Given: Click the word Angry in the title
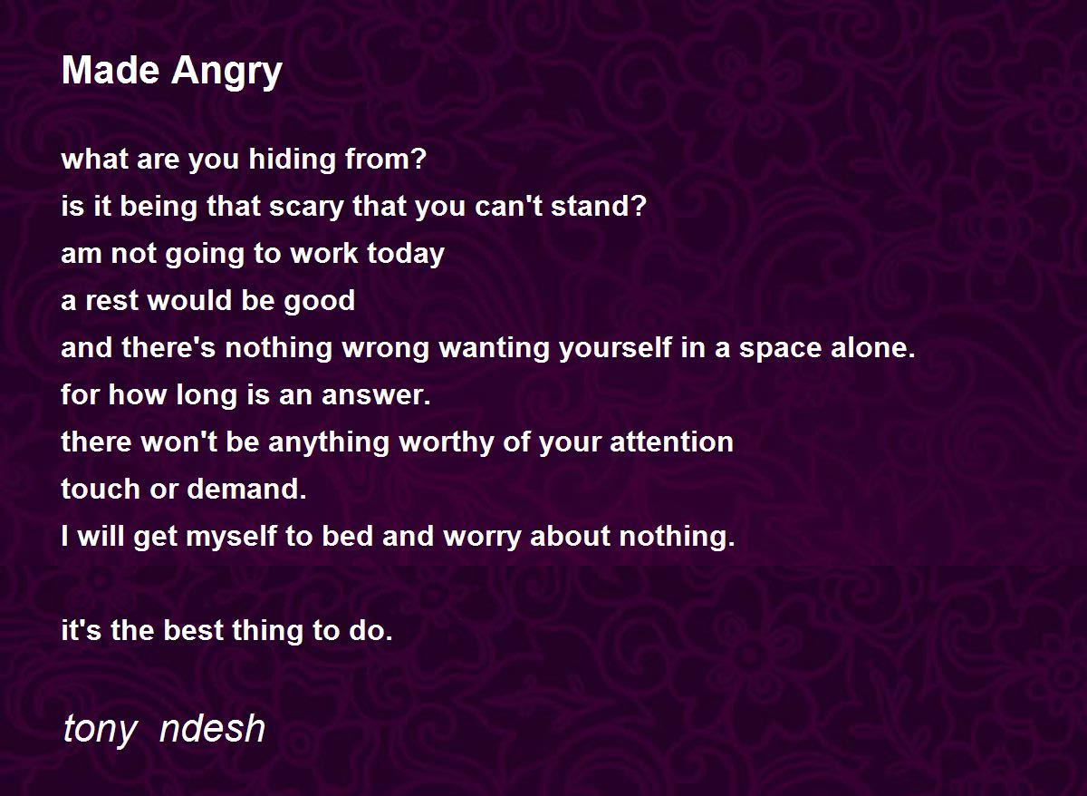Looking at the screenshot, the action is [x=226, y=72].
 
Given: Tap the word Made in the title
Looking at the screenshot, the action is [x=111, y=70].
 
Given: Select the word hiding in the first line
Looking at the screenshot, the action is [x=292, y=160].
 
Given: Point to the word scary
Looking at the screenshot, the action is [x=306, y=207].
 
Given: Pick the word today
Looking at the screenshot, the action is [x=405, y=254].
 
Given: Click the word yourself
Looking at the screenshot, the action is [x=615, y=348].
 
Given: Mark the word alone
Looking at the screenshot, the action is [x=872, y=347].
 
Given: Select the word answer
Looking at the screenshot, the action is [x=376, y=395].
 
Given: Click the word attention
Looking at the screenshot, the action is [x=671, y=442].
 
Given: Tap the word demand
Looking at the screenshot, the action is [x=246, y=489].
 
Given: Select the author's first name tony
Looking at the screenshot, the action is [x=101, y=729].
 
